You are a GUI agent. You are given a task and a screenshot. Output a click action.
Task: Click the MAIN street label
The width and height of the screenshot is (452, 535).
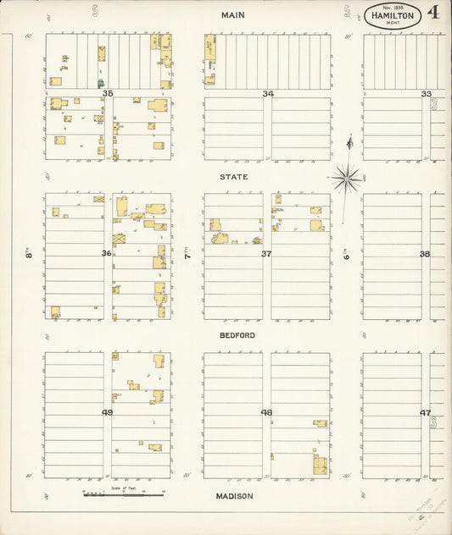[233, 15]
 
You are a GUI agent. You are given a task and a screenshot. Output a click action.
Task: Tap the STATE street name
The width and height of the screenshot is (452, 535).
[234, 177]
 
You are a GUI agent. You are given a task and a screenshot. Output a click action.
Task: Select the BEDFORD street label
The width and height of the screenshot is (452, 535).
[237, 335]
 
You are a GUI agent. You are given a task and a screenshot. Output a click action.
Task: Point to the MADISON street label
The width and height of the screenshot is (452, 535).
[235, 496]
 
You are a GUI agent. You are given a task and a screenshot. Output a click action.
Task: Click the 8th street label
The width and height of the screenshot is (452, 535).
[28, 252]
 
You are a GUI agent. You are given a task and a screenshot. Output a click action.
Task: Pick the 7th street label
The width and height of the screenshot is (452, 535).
[187, 252]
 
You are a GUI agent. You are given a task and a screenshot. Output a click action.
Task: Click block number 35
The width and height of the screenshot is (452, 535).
[107, 93]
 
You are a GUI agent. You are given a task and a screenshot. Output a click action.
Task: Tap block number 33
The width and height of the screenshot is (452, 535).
[426, 93]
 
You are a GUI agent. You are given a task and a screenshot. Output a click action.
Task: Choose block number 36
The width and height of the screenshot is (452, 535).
[107, 253]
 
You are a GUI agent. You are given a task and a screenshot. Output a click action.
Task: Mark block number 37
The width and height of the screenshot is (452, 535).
[266, 253]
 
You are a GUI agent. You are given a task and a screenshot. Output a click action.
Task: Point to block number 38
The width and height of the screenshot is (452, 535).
[425, 253]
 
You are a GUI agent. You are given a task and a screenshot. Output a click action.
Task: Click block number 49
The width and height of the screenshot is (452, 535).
[107, 412]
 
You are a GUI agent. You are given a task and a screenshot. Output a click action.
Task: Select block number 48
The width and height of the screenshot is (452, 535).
[266, 412]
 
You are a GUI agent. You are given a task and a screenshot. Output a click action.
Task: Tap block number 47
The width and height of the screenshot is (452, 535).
[425, 412]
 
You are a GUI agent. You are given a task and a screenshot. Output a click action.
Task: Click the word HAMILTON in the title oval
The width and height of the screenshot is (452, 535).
[392, 16]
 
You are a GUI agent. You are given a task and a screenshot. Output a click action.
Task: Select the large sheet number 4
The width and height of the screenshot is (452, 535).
[433, 13]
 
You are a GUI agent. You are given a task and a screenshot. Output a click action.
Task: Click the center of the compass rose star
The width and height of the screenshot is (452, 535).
[346, 178]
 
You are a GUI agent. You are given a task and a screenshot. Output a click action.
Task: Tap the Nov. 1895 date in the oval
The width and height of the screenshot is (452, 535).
[392, 7]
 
